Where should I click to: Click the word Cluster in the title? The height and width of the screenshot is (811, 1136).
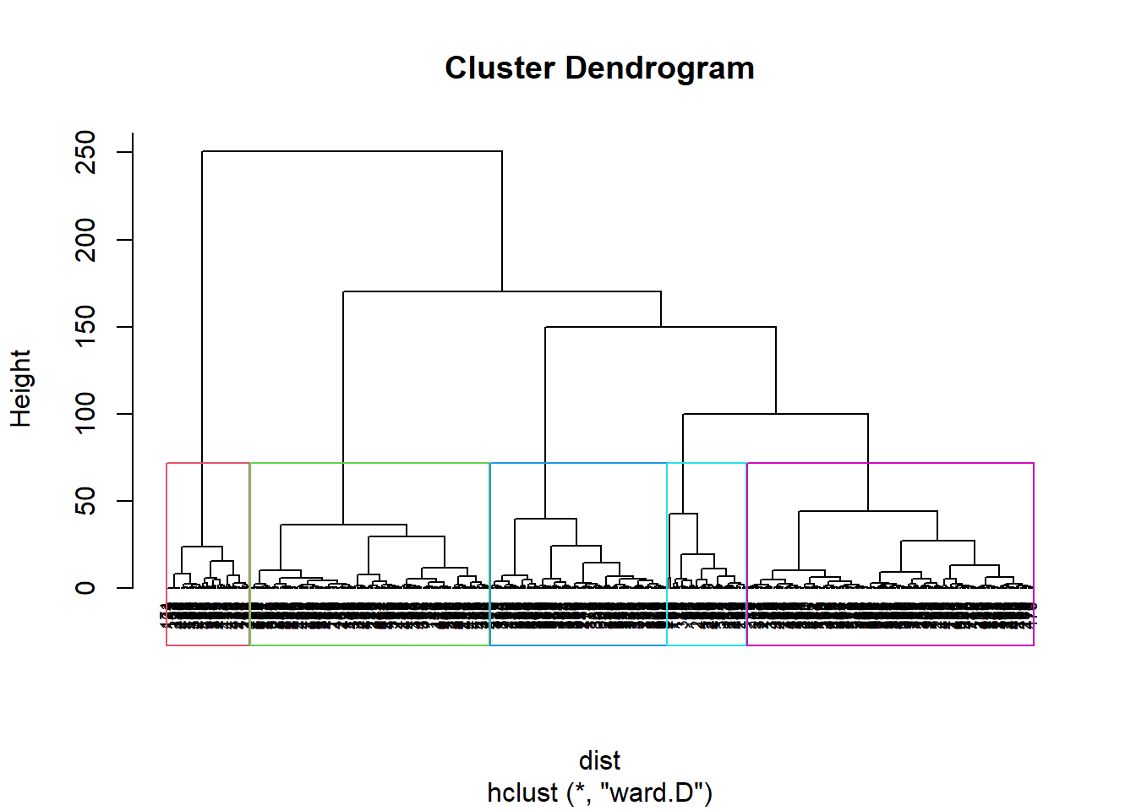(500, 68)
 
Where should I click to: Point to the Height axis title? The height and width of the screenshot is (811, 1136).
(20, 389)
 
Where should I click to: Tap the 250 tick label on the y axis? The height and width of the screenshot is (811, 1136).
(85, 152)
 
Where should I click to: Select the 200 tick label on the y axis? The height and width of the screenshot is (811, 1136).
(85, 240)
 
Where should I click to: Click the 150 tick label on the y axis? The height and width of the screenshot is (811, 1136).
(85, 327)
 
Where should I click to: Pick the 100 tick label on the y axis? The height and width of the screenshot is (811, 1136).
(85, 414)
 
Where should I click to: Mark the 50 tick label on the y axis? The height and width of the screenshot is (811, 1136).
(85, 501)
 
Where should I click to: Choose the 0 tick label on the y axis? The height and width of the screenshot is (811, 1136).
(85, 588)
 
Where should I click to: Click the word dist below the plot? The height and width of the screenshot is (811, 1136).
(599, 760)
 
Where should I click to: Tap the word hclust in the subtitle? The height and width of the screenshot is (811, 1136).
(522, 793)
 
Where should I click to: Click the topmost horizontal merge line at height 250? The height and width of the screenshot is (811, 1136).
(352, 151)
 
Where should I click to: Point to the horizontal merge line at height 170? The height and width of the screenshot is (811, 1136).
(502, 291)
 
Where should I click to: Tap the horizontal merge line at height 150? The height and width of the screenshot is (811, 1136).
(660, 327)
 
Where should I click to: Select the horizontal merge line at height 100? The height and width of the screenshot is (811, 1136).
(775, 414)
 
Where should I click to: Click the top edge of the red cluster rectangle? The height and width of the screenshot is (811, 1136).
(208, 463)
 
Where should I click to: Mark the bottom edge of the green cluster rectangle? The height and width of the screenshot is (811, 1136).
(369, 645)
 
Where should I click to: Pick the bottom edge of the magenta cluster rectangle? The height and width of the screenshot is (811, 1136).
(890, 645)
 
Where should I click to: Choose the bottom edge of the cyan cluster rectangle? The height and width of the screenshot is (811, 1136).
(707, 645)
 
